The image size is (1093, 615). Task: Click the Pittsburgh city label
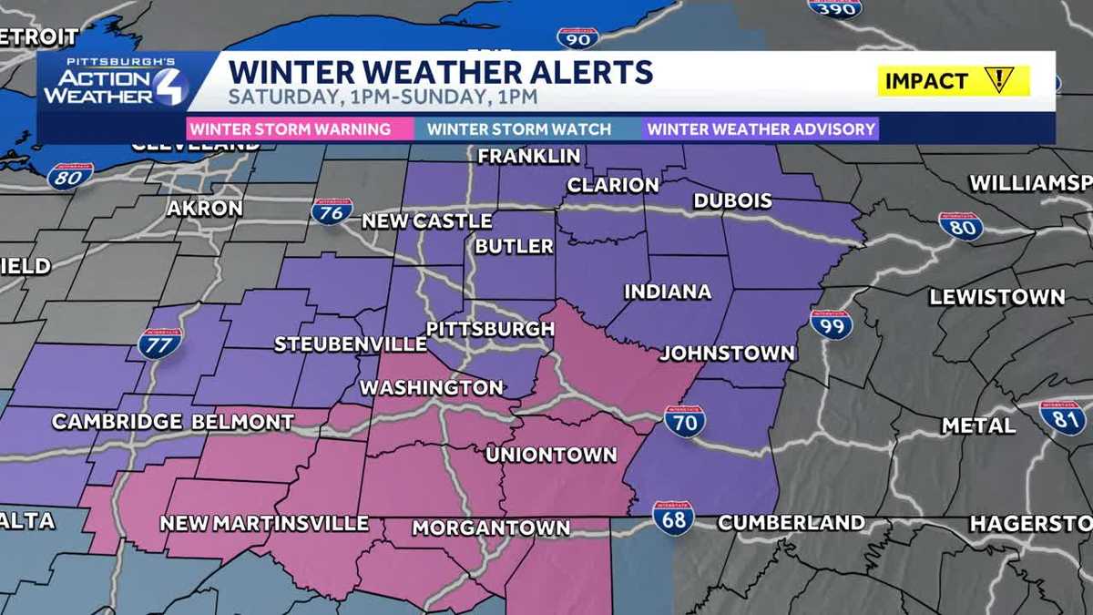click(x=490, y=328)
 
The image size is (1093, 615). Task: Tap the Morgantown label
click(x=491, y=528)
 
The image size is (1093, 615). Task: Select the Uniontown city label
click(x=551, y=454)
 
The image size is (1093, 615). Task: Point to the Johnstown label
click(x=727, y=353)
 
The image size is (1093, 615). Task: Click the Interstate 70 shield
click(x=684, y=421)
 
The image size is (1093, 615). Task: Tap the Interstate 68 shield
click(x=673, y=517)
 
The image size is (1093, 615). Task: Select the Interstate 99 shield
click(x=831, y=324)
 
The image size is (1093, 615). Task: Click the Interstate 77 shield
click(x=160, y=343)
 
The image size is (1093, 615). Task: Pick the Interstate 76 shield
click(x=332, y=211)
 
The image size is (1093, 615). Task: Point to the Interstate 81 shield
click(x=1062, y=417)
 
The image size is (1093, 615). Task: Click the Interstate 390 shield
click(x=834, y=7)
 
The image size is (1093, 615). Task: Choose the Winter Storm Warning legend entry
click(x=291, y=128)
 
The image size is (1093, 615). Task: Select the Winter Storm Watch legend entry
click(x=519, y=128)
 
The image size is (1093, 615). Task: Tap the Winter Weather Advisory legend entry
click(x=761, y=128)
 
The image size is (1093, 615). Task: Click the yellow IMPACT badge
click(x=953, y=80)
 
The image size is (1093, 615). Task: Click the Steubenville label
click(x=351, y=344)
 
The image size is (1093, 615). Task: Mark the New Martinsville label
click(x=264, y=523)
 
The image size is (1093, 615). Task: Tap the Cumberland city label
click(x=791, y=523)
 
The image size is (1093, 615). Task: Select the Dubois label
click(x=732, y=200)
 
